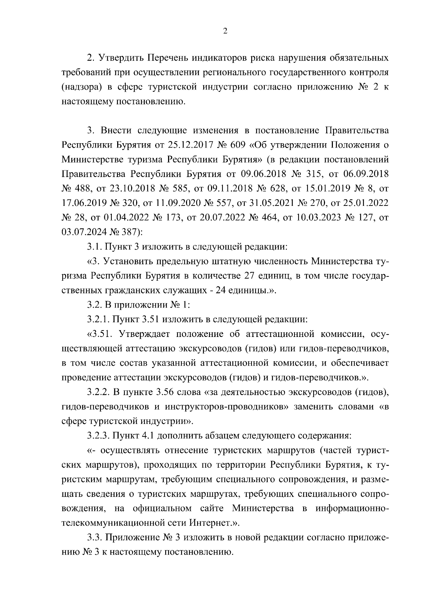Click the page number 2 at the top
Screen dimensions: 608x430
coord(225,31)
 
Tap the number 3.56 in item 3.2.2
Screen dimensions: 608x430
coord(165,392)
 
